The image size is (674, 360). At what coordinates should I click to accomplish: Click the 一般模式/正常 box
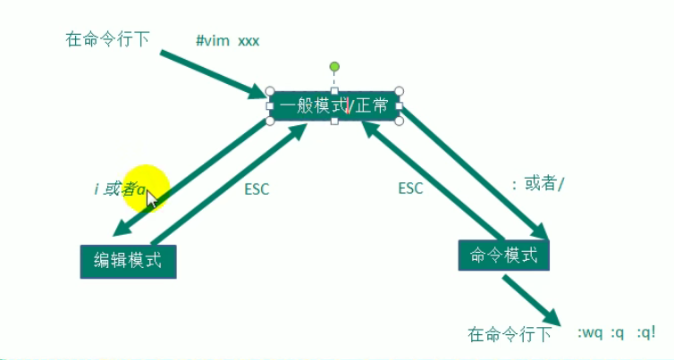pyautogui.click(x=334, y=105)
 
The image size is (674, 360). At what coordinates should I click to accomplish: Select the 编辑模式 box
pyautogui.click(x=128, y=261)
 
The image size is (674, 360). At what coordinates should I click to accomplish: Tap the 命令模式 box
pyautogui.click(x=503, y=255)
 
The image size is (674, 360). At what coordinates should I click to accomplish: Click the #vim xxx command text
pyautogui.click(x=228, y=40)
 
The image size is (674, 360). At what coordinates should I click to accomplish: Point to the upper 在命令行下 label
pyautogui.click(x=107, y=39)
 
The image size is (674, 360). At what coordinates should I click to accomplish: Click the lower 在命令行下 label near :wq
pyautogui.click(x=510, y=335)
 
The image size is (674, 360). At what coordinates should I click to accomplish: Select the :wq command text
pyautogui.click(x=589, y=333)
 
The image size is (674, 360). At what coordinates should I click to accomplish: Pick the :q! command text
pyautogui.click(x=646, y=333)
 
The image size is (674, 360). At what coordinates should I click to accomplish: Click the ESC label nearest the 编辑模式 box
pyautogui.click(x=257, y=188)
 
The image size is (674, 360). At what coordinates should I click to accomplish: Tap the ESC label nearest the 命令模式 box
pyautogui.click(x=410, y=188)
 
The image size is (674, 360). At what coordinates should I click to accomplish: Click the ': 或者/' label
pyautogui.click(x=538, y=183)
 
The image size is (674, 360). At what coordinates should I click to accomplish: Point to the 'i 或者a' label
pyautogui.click(x=120, y=188)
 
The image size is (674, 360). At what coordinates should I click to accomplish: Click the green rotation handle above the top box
pyautogui.click(x=334, y=66)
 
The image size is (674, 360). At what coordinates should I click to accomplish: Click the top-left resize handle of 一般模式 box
pyautogui.click(x=270, y=91)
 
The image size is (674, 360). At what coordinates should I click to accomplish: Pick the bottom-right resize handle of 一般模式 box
pyautogui.click(x=400, y=121)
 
